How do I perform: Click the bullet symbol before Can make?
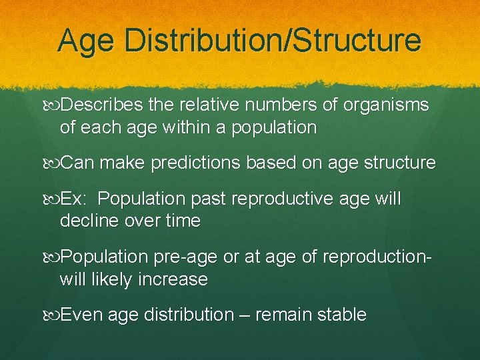coord(53,163)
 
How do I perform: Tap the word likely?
coord(111,279)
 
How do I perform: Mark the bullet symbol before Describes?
coord(53,105)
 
